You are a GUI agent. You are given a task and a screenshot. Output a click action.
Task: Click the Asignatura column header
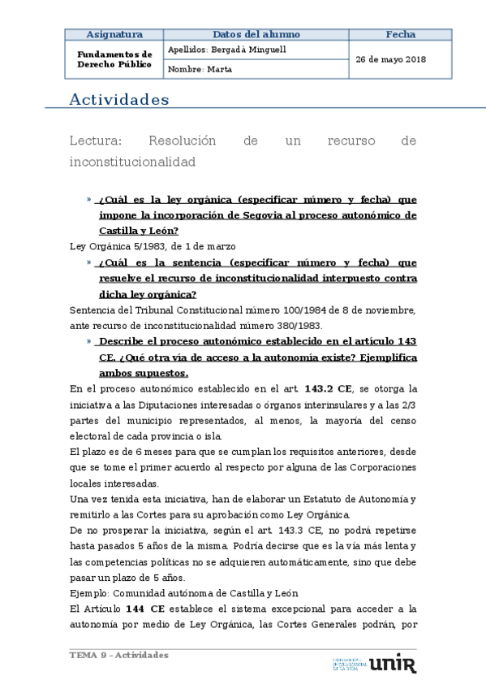click(x=114, y=35)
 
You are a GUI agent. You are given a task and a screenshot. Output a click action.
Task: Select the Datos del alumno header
click(x=256, y=35)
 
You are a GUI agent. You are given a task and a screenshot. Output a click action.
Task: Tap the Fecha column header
click(x=400, y=35)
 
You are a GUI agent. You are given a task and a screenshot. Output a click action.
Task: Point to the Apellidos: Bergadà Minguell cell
click(x=226, y=50)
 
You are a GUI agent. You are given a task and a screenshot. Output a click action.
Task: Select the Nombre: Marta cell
click(x=200, y=69)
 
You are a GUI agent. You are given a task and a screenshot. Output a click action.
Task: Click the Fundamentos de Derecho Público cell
click(x=114, y=59)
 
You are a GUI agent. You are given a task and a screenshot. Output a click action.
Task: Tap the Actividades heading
click(x=119, y=100)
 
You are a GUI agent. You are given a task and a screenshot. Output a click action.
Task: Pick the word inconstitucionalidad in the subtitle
click(x=133, y=162)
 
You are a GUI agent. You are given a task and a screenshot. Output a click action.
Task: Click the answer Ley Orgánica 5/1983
click(x=129, y=246)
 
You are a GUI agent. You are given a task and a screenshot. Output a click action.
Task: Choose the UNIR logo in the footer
click(x=394, y=664)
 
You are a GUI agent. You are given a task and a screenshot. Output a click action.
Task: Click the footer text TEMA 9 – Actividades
click(x=118, y=655)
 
